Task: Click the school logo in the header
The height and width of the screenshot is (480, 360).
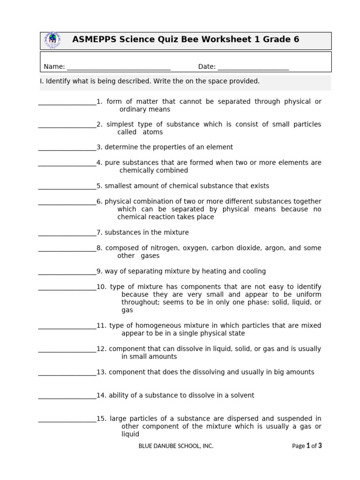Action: pos(52,40)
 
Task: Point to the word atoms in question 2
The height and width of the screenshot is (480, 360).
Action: pos(153,132)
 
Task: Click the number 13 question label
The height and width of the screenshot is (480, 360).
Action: pos(101,372)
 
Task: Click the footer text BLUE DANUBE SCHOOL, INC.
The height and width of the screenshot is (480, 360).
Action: pos(176,446)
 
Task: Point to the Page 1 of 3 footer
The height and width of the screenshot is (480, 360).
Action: pos(307,446)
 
